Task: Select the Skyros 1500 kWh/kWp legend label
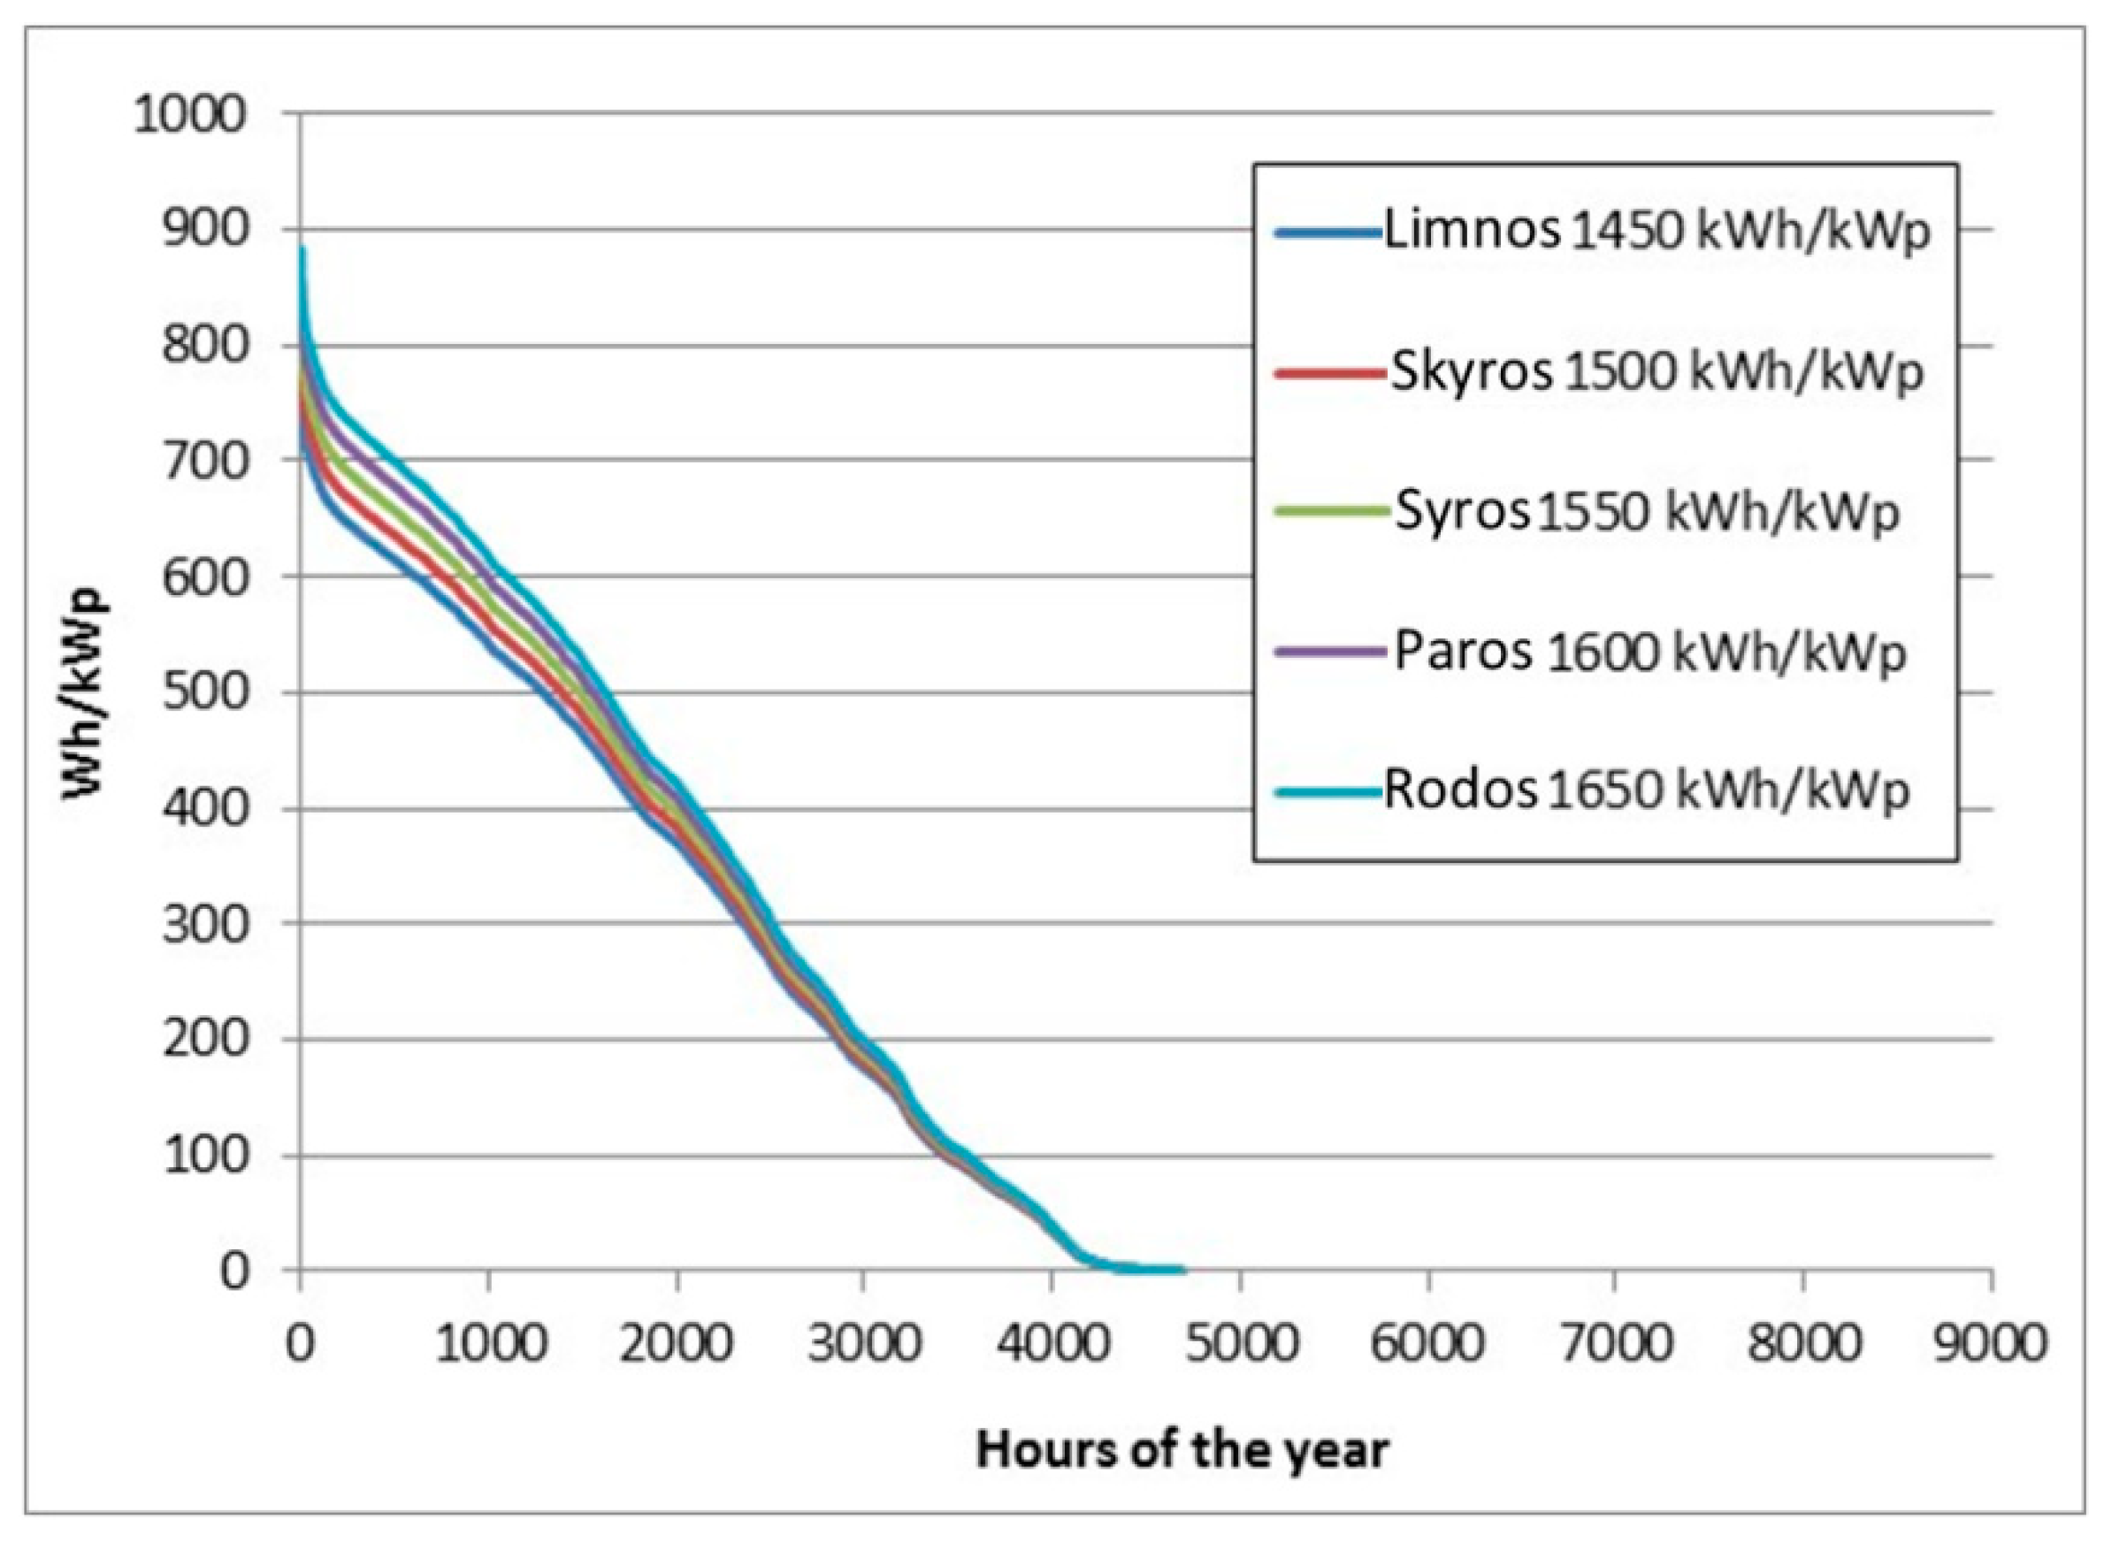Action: click(x=1656, y=372)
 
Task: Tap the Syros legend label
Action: click(x=1647, y=513)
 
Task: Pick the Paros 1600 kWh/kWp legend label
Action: click(x=1649, y=653)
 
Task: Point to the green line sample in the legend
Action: click(x=1329, y=512)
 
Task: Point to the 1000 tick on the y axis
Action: click(x=190, y=116)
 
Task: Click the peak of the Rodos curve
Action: click(x=302, y=248)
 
